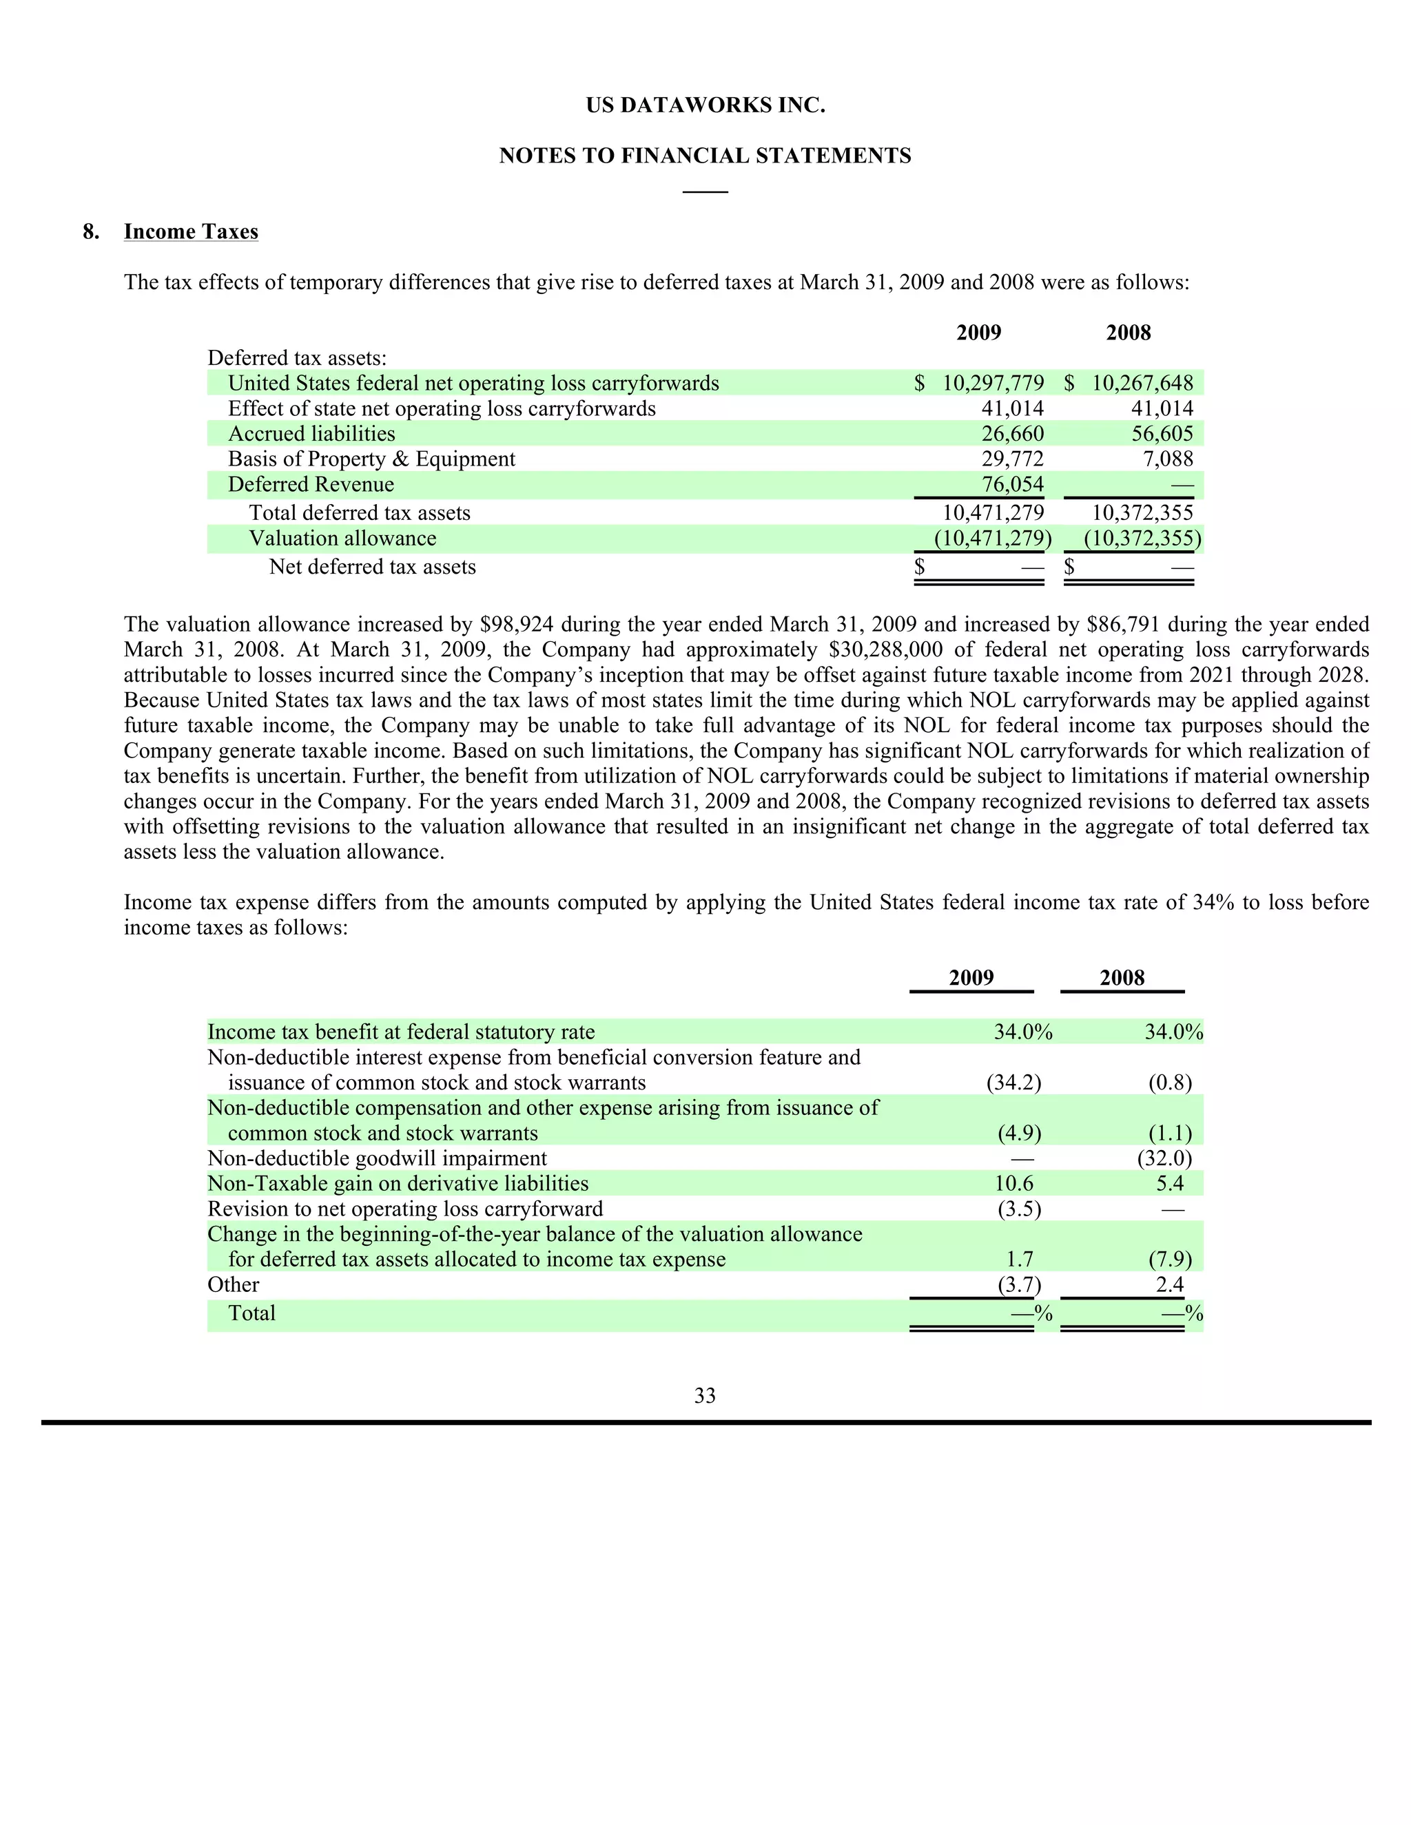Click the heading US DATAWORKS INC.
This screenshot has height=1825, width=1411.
[705, 105]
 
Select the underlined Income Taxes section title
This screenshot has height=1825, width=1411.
[191, 231]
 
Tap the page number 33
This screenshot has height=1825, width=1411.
[705, 1395]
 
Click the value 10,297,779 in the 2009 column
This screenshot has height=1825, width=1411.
[992, 384]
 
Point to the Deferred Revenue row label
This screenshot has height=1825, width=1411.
[310, 485]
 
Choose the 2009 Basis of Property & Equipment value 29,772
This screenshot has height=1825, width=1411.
[1012, 459]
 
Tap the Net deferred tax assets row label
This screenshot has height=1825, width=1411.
[372, 567]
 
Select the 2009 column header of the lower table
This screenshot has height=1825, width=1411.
[971, 978]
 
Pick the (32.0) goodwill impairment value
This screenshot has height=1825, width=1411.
[1164, 1158]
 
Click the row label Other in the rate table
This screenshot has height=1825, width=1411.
[234, 1284]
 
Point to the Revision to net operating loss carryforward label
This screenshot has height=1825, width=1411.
[404, 1209]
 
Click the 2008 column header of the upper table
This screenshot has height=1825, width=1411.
[1128, 333]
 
